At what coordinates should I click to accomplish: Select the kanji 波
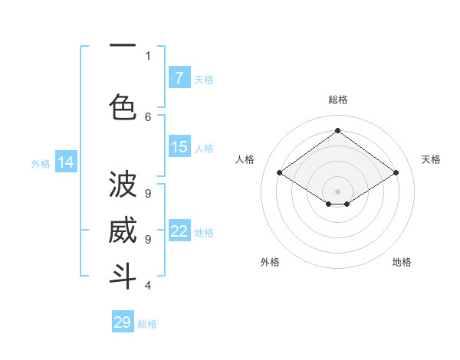coord(123,185)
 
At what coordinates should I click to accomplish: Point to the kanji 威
coord(123,230)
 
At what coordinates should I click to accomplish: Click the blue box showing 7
coord(179,77)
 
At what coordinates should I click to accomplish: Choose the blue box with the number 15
coord(179,147)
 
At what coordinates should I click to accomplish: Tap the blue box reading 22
coord(179,231)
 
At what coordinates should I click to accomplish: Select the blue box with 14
coord(66,162)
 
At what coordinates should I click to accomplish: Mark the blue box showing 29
coord(123,322)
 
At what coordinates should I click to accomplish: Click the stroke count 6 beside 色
coord(148,116)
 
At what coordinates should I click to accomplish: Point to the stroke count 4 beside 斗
coord(148,285)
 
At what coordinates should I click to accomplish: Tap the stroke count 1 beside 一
coord(148,55)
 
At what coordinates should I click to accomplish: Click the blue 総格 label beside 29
coord(147,324)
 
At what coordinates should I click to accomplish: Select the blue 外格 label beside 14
coord(40,163)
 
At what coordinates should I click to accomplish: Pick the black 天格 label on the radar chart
coord(431,159)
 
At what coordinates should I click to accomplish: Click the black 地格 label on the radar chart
coord(402,262)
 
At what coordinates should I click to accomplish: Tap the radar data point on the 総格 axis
coord(337,130)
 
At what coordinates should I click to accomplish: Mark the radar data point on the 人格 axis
coord(280,173)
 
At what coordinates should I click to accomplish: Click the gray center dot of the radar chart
coord(337,190)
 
